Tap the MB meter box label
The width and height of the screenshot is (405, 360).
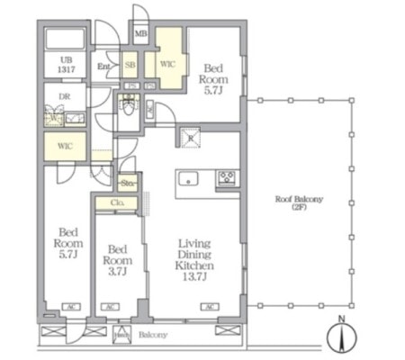click(141, 35)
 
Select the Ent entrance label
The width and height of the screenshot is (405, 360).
click(104, 67)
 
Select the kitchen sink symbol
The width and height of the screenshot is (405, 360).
click(191, 176)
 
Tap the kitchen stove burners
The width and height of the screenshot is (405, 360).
click(226, 177)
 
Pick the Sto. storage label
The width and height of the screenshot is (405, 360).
click(127, 184)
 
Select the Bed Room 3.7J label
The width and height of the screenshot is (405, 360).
click(117, 259)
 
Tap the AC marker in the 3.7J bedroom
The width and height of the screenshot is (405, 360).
click(110, 307)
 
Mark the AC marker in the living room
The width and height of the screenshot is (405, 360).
click(209, 307)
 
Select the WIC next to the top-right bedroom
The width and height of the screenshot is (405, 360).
click(168, 66)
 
